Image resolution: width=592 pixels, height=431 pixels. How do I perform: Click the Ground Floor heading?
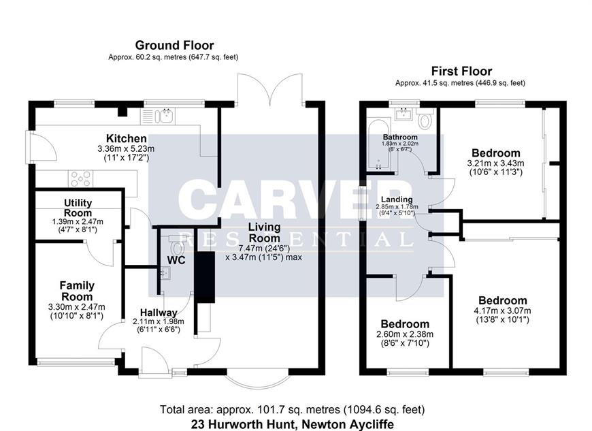174,46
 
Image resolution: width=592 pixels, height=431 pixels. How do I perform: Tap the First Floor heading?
462,71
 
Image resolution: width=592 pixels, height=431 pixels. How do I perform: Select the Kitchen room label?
126,138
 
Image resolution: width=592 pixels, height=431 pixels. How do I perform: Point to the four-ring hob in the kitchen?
81,178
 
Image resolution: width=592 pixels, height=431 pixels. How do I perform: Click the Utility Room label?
78,208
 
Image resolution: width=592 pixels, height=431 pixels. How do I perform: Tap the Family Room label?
77,291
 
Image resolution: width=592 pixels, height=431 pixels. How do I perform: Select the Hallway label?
159,313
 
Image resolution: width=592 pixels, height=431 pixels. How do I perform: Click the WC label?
176,260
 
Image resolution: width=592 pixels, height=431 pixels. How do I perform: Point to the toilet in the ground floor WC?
176,246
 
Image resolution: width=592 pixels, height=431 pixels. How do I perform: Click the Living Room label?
264,232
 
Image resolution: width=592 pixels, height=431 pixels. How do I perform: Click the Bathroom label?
400,137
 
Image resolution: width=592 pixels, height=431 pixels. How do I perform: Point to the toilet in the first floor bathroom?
425,118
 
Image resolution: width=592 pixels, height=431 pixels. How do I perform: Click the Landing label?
397,199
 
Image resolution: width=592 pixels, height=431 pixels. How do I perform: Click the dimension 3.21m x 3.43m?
496,163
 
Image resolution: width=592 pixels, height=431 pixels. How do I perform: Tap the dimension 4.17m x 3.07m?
503,311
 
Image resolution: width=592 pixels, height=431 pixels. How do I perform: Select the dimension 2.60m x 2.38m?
405,334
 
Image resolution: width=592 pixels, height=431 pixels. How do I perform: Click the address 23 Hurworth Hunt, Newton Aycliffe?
293,424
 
